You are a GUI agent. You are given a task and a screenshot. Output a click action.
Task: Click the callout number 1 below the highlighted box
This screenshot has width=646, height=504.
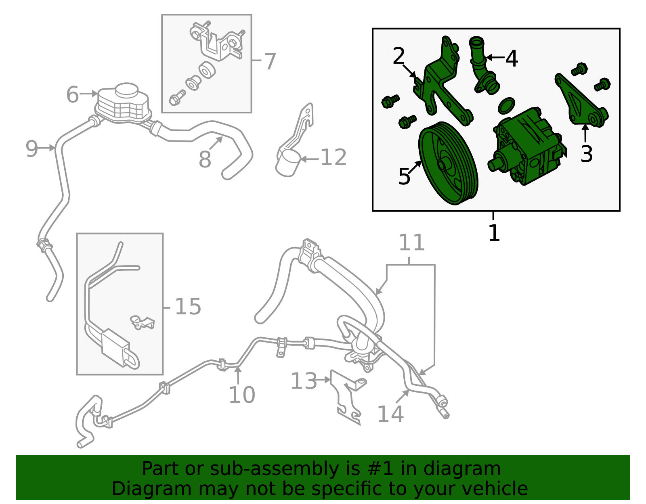[494, 233]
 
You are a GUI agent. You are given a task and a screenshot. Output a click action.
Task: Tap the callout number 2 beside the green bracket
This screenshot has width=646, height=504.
[399, 56]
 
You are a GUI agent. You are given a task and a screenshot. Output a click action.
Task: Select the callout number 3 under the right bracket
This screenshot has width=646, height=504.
[586, 154]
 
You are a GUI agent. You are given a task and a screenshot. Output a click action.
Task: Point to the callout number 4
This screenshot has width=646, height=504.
[512, 59]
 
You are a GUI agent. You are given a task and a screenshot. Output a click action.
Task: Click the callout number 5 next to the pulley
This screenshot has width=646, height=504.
[404, 176]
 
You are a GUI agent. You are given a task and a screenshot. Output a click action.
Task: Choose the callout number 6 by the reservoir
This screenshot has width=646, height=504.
[73, 94]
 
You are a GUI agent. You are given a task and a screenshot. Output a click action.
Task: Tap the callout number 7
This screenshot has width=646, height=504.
[270, 61]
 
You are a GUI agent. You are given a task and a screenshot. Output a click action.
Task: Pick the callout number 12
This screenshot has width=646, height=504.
[333, 157]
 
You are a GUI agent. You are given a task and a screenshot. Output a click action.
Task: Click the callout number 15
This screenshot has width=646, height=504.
[188, 306]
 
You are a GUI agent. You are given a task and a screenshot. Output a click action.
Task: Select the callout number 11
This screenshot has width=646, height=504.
[411, 243]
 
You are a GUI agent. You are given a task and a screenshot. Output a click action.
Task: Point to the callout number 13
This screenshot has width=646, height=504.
[304, 381]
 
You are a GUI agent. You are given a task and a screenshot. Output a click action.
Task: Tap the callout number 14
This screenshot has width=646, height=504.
[390, 414]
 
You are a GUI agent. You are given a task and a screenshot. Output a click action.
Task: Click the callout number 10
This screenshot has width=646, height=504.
[242, 395]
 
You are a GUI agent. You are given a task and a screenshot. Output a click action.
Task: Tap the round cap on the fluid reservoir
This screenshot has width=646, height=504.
[127, 90]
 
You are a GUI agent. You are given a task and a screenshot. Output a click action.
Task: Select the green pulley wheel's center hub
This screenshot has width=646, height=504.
[442, 165]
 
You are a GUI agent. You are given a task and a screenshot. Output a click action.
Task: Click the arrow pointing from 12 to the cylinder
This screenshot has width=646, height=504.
[310, 159]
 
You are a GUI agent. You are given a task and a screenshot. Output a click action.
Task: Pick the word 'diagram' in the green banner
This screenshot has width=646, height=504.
[462, 468]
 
